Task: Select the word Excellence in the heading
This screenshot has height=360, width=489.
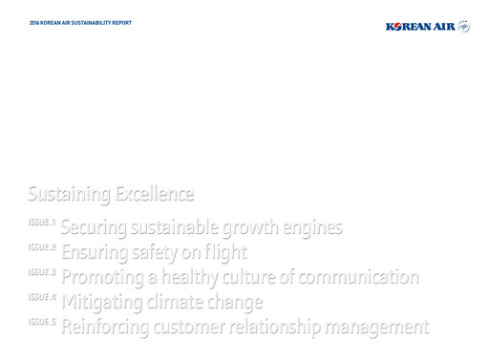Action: [155, 195]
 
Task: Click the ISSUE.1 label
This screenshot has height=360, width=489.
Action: [43, 222]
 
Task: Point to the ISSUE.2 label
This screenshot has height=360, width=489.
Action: [43, 247]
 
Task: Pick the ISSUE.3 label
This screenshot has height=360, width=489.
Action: [43, 272]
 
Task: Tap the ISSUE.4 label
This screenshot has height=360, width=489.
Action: [43, 297]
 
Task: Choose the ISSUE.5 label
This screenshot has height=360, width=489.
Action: [43, 322]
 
